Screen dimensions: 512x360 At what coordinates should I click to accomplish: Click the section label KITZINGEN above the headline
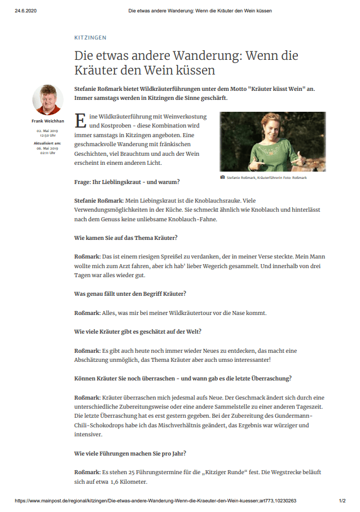(x=90, y=38)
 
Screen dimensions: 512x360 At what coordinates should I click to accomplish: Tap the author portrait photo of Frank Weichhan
(x=47, y=100)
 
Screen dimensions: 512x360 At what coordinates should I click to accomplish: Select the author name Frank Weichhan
(x=47, y=121)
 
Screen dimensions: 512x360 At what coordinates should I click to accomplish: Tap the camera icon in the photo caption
(x=222, y=177)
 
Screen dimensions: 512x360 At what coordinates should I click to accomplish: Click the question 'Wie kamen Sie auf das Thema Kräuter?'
(x=126, y=238)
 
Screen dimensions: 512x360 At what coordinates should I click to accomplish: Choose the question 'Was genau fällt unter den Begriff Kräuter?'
(x=130, y=294)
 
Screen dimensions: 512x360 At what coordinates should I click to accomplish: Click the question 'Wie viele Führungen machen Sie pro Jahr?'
(x=130, y=453)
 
